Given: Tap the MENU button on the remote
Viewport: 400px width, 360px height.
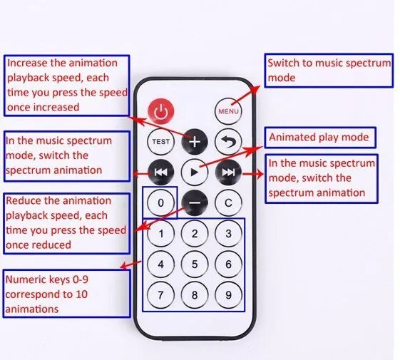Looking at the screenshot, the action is (x=228, y=111).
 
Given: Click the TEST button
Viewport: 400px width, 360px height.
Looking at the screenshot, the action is (x=160, y=142).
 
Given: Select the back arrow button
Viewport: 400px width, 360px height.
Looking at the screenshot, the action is (x=228, y=142).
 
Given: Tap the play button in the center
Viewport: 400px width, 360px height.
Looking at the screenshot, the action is (x=195, y=173).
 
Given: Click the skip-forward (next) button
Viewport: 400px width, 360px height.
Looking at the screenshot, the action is (x=228, y=173).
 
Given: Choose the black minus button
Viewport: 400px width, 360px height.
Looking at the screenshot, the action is (x=195, y=203).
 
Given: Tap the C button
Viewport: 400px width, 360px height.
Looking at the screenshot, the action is (x=228, y=203).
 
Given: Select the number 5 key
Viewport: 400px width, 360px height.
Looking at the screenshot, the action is (x=195, y=264).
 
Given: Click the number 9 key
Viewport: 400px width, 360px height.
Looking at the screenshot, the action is (x=228, y=294).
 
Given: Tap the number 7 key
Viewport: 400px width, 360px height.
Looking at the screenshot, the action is (x=160, y=294).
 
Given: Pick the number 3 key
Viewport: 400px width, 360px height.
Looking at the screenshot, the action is (x=228, y=233).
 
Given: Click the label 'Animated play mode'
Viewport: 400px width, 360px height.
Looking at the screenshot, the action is (x=319, y=138).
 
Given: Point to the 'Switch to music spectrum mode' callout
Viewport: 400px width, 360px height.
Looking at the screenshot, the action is (x=329, y=71).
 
